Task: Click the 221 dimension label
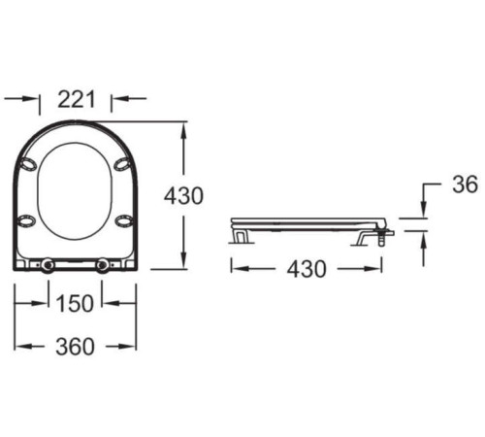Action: (77, 99)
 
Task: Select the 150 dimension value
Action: (75, 304)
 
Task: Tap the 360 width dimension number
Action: (75, 347)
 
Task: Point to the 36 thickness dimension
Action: (465, 185)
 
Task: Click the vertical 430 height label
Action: (183, 196)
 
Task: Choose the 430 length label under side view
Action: (307, 269)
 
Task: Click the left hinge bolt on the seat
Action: (48, 264)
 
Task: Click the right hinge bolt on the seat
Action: (103, 264)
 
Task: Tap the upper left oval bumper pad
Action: (28, 164)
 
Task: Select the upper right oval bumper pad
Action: (122, 164)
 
